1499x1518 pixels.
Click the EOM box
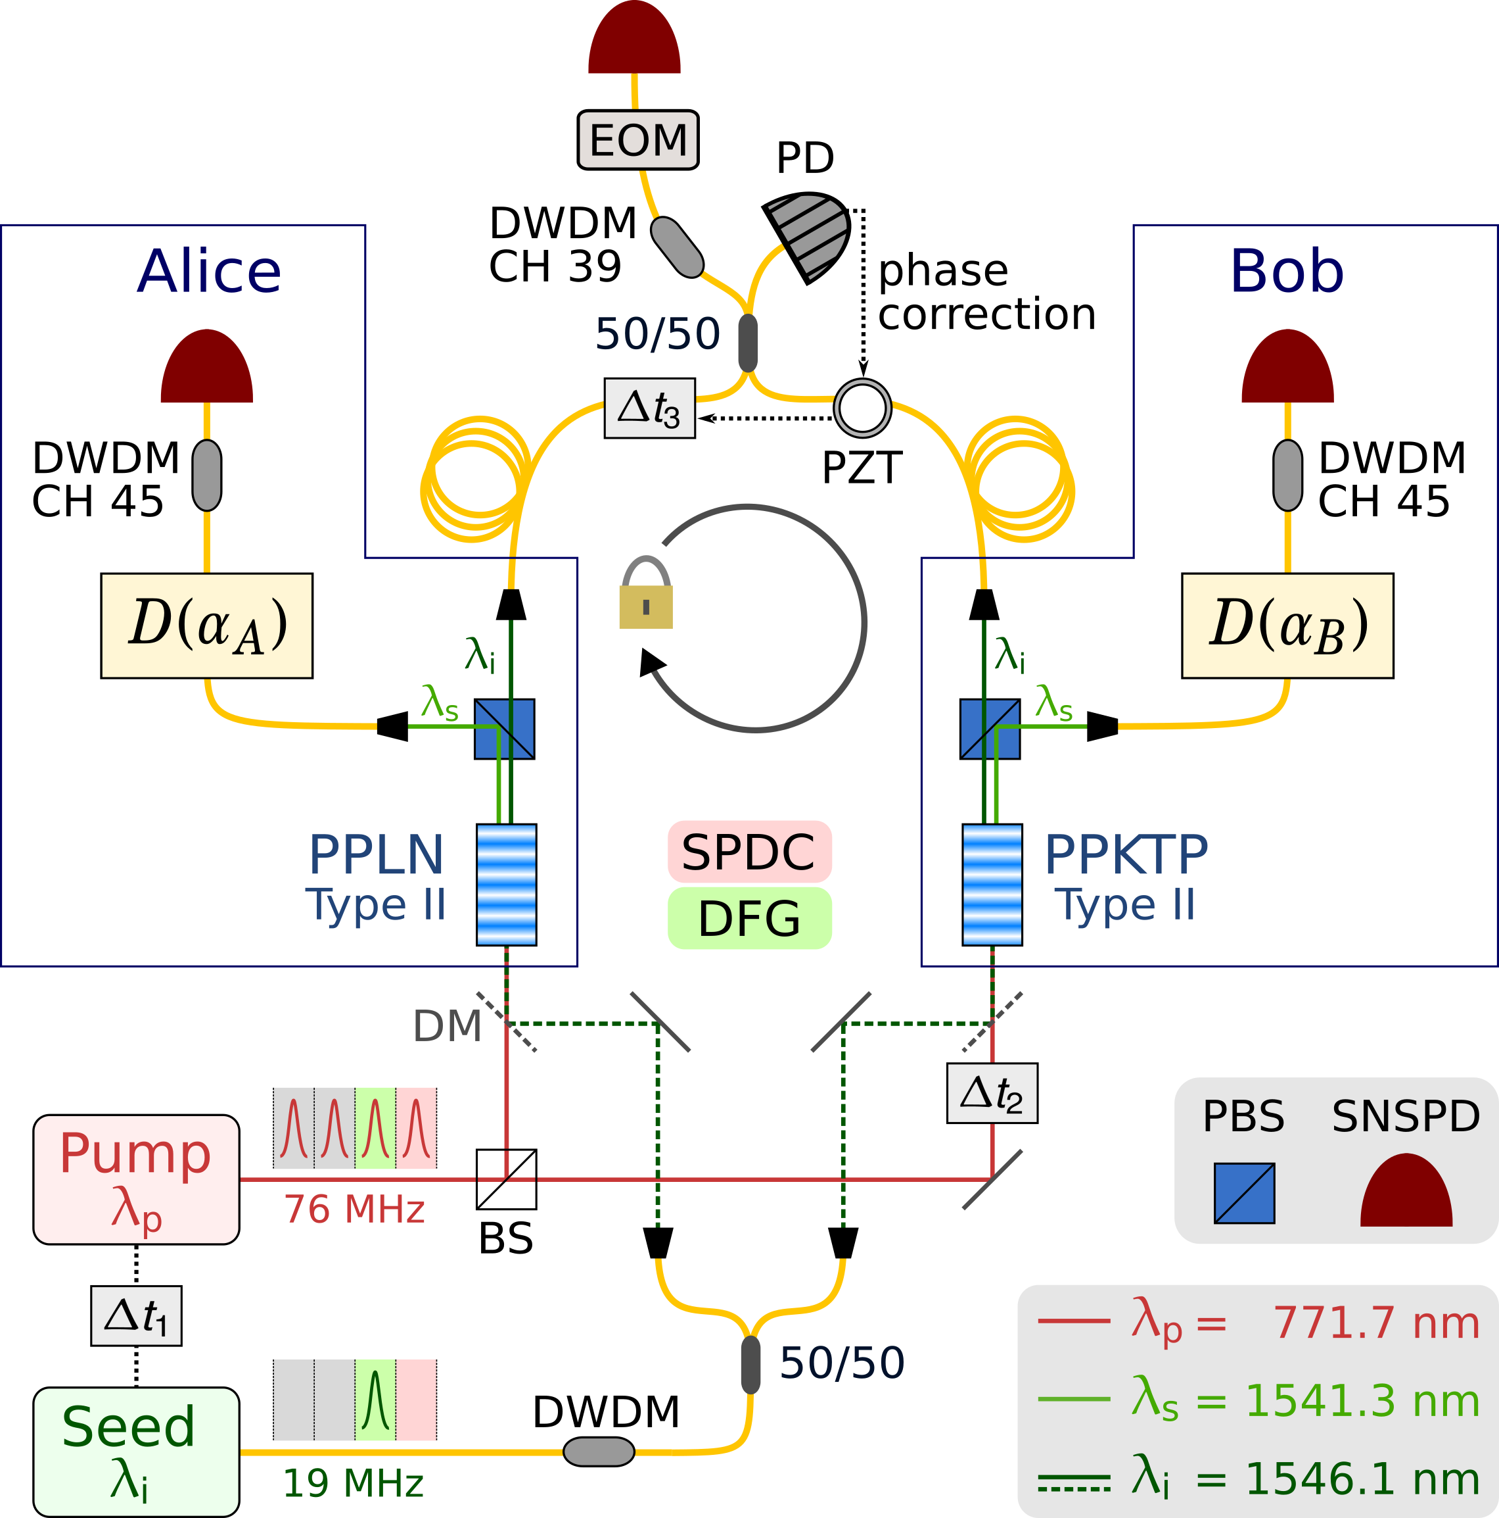point(637,140)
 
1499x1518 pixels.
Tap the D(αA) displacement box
point(206,625)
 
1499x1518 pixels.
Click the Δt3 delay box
point(649,408)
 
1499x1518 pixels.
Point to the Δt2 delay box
point(992,1093)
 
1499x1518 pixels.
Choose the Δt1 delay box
point(136,1315)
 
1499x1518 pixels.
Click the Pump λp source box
point(136,1179)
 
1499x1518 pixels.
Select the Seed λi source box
point(136,1451)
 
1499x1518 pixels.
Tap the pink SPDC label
point(749,852)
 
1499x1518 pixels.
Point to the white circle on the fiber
point(862,408)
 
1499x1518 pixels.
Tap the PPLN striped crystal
point(507,884)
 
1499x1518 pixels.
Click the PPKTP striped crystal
point(992,884)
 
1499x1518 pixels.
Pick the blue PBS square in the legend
point(1244,1192)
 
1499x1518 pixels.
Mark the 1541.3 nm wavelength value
point(1362,1401)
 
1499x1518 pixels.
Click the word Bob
point(1286,272)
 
